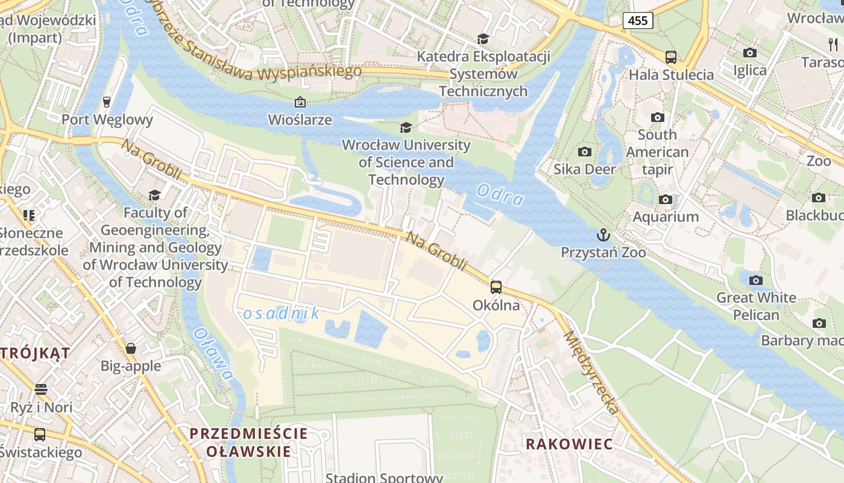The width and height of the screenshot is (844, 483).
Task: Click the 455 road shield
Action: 638,21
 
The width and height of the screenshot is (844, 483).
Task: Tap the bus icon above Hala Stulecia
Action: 670,57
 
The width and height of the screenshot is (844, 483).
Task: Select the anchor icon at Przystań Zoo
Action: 603,234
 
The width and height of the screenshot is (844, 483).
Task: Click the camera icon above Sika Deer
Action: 584,152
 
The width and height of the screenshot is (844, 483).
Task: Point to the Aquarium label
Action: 666,217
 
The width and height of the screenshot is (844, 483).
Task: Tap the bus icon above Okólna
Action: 496,287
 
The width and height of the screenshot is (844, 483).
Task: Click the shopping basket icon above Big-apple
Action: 131,348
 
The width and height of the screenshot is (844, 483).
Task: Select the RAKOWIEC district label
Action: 569,444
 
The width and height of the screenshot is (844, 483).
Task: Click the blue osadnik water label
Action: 282,313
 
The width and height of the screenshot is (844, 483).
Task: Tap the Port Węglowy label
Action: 107,120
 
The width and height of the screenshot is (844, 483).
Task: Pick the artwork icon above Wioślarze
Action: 300,102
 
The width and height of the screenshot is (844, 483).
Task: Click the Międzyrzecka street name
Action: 591,373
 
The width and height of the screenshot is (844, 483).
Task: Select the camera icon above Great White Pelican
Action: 755,280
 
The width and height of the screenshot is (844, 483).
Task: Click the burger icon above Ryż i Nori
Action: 40,389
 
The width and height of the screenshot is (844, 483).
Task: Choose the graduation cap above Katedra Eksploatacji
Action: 482,39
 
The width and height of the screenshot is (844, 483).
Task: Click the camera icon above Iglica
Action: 750,53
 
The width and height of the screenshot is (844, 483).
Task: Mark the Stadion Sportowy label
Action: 384,478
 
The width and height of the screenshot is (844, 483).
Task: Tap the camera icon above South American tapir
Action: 657,117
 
